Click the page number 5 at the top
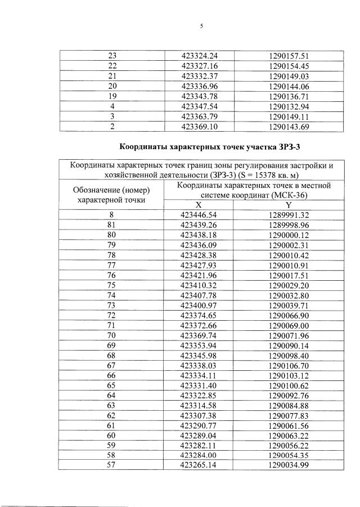[201, 25]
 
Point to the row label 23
[112, 56]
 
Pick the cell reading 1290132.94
[290, 106]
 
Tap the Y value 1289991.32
[290, 216]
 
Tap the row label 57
[112, 466]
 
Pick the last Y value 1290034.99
[290, 466]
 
